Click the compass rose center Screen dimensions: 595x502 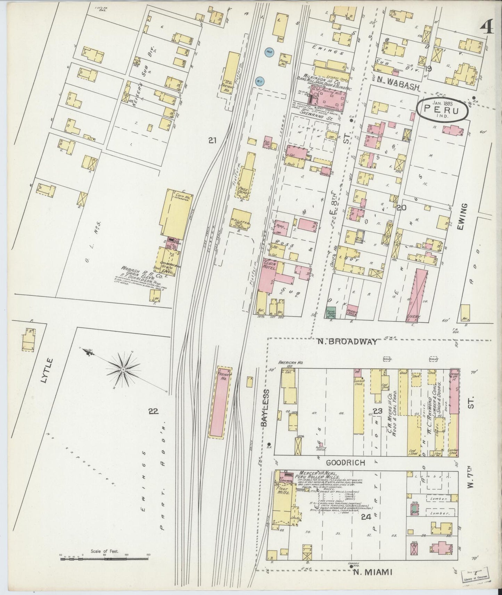tap(123, 371)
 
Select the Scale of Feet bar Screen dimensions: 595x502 tap(104, 559)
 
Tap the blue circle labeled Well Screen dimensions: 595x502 tap(269, 53)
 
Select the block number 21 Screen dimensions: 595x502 tap(213, 141)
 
